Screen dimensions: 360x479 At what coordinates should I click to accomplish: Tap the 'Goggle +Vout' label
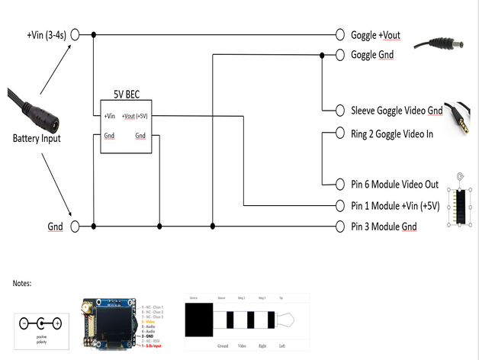(x=375, y=35)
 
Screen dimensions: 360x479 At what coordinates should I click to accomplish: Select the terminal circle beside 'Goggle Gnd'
(x=340, y=55)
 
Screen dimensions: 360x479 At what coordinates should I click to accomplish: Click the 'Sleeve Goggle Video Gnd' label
(x=397, y=111)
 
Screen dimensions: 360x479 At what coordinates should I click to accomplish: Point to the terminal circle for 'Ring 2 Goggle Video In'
(x=340, y=133)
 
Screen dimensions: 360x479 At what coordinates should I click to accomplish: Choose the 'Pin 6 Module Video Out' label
(x=394, y=185)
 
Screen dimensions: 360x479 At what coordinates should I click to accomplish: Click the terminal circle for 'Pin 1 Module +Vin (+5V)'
(x=340, y=206)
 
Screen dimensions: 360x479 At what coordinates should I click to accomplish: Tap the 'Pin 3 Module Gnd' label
(x=384, y=227)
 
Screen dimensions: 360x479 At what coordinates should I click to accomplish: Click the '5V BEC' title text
(x=126, y=95)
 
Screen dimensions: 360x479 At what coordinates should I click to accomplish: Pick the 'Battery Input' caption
(x=36, y=139)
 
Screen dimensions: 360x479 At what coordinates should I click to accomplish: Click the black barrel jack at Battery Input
(x=38, y=117)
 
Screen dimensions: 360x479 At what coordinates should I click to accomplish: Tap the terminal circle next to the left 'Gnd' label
(x=75, y=227)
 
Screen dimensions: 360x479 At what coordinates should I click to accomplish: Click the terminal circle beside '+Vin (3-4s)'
(x=75, y=35)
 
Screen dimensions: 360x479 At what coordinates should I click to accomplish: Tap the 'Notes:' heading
(x=23, y=283)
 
